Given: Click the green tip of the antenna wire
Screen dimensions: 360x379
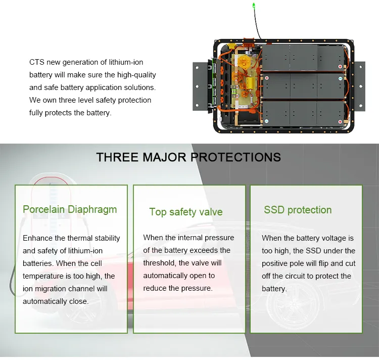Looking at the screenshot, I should pyautogui.click(x=254, y=6).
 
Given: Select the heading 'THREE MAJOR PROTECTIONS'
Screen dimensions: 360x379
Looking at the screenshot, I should pyautogui.click(x=188, y=157).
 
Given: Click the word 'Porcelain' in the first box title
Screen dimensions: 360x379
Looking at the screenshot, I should pyautogui.click(x=44, y=209).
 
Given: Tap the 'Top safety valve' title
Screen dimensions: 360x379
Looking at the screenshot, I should pyautogui.click(x=186, y=212).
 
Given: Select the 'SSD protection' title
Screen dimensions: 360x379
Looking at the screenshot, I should pyautogui.click(x=298, y=210).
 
